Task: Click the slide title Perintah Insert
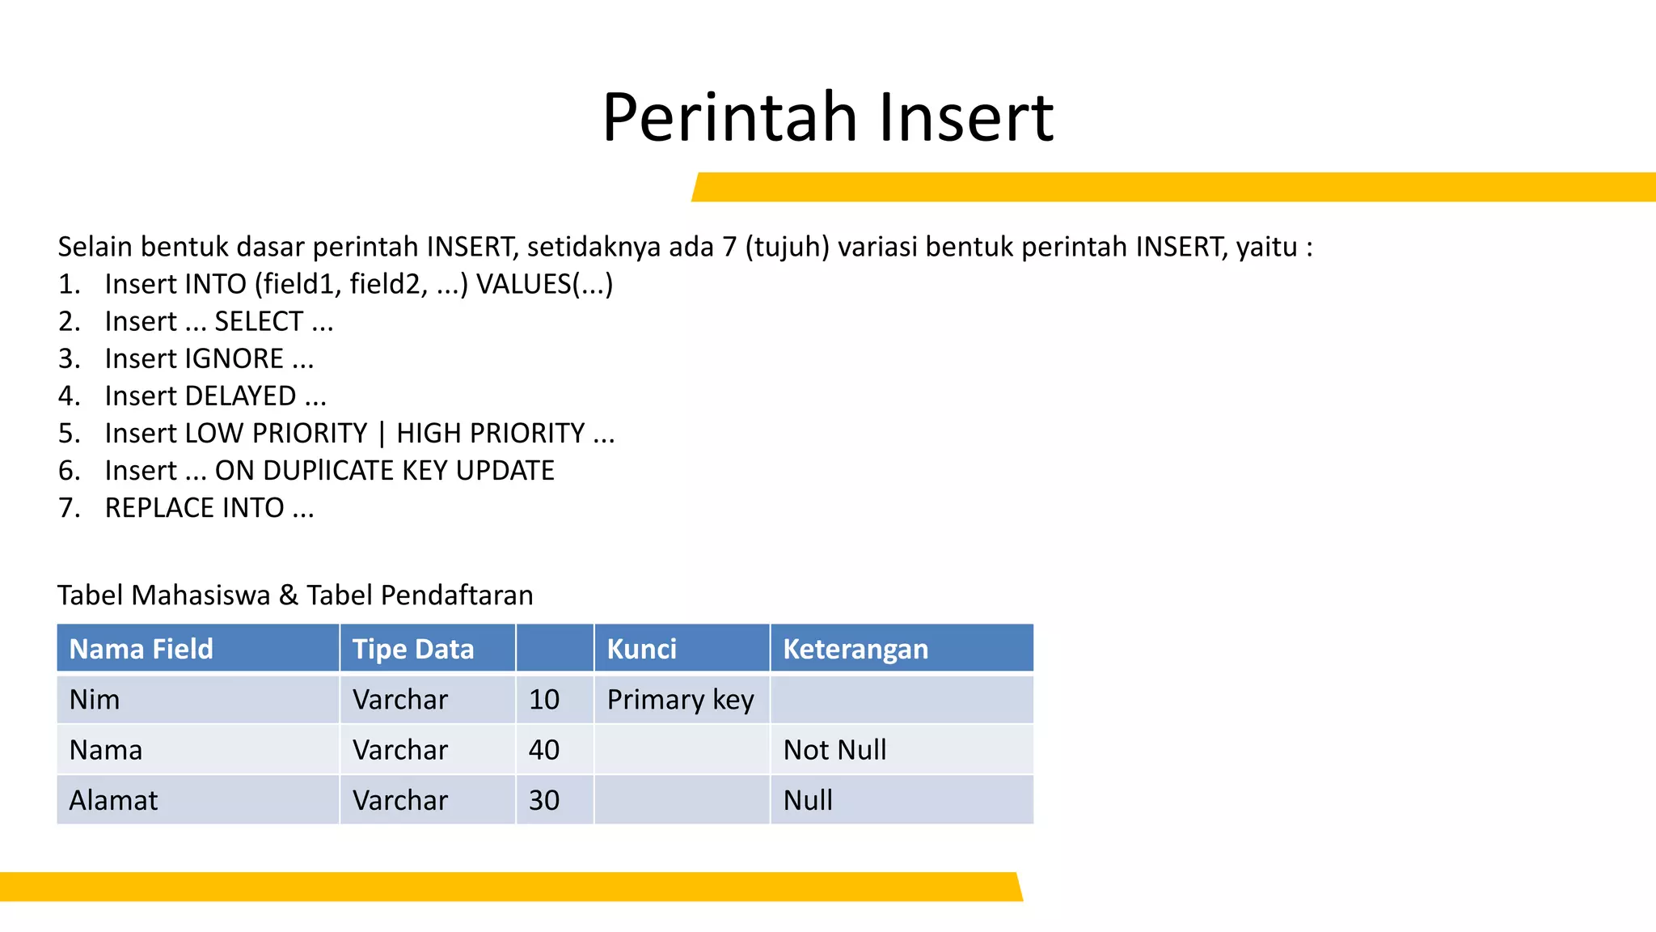pyautogui.click(x=827, y=118)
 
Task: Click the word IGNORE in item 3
pyautogui.click(x=234, y=358)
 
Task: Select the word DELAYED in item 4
pyautogui.click(x=240, y=396)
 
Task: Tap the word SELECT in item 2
pyautogui.click(x=259, y=321)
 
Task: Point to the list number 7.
pyautogui.click(x=68, y=507)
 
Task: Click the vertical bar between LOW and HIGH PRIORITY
pyautogui.click(x=382, y=434)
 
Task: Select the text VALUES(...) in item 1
pyautogui.click(x=544, y=284)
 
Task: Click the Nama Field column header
pyautogui.click(x=142, y=649)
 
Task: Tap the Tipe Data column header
pyautogui.click(x=413, y=649)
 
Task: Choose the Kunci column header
pyautogui.click(x=641, y=649)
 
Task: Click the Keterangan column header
pyautogui.click(x=855, y=649)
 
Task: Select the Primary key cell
pyautogui.click(x=680, y=699)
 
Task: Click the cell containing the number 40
pyautogui.click(x=544, y=750)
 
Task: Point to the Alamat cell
pyautogui.click(x=113, y=800)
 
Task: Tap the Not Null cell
pyautogui.click(x=834, y=750)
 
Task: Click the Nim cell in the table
pyautogui.click(x=95, y=699)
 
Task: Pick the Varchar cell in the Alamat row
pyautogui.click(x=400, y=800)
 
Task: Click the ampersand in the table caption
pyautogui.click(x=289, y=595)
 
